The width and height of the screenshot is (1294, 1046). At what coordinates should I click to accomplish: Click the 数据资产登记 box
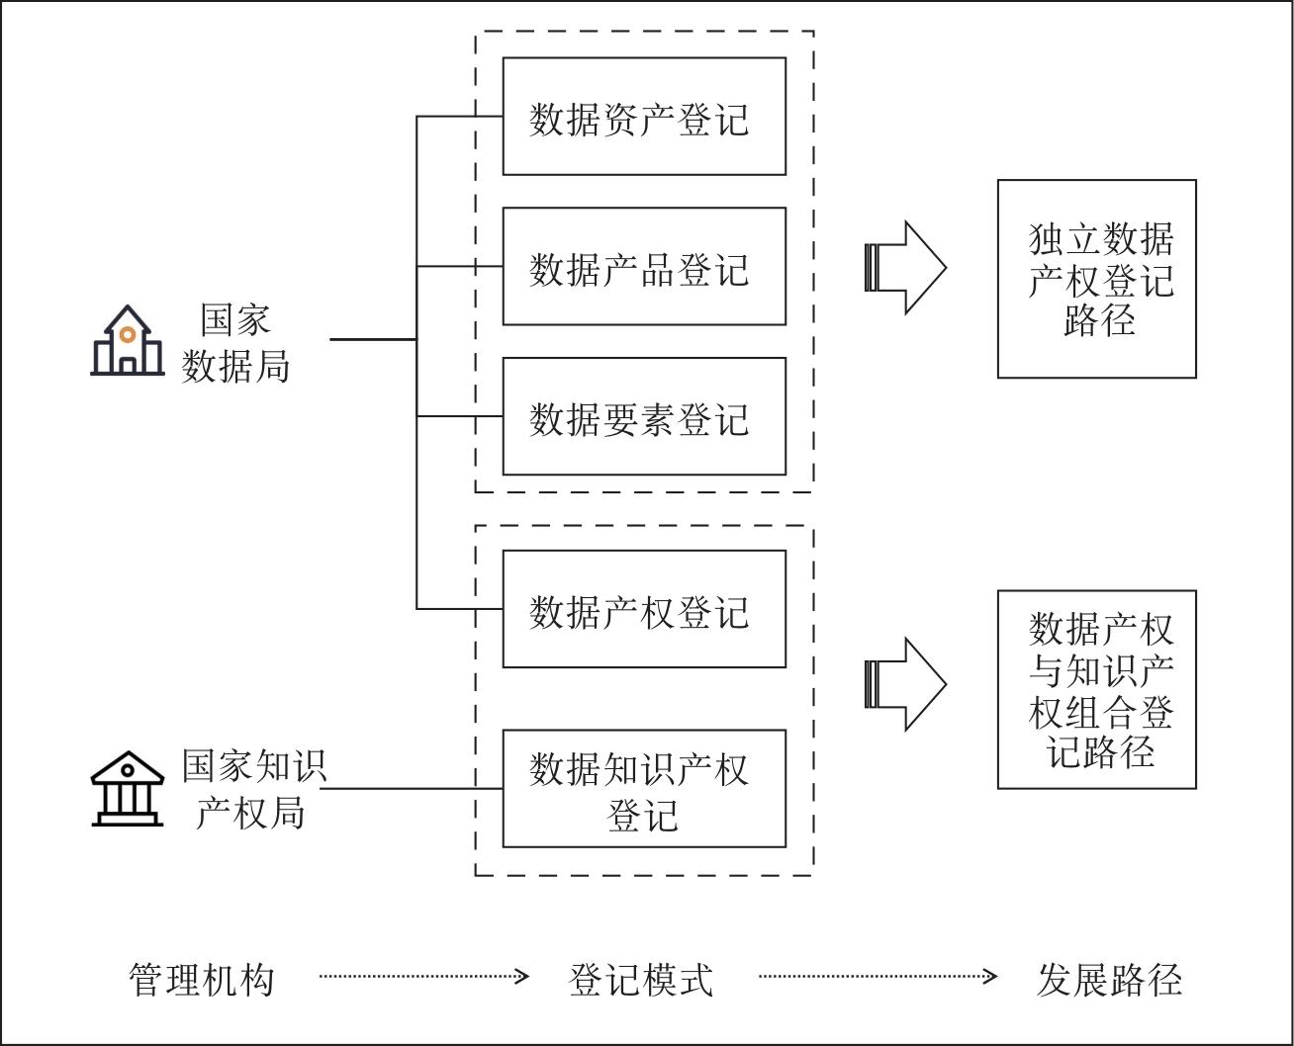644,117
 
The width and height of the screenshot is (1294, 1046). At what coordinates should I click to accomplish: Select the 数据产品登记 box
644,266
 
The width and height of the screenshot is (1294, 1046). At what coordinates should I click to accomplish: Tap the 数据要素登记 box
644,416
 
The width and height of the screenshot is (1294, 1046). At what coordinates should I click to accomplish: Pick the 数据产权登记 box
644,609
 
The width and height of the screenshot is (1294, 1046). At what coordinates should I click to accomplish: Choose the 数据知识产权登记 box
644,789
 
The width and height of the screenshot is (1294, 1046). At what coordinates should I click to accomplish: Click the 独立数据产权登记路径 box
1096,279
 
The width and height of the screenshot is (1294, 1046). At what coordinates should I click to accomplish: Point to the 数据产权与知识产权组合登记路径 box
1096,689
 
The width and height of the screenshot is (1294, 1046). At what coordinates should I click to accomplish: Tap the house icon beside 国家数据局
128,341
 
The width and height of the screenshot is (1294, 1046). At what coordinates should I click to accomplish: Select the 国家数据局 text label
236,342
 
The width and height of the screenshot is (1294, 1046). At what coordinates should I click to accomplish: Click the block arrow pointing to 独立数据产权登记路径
905,268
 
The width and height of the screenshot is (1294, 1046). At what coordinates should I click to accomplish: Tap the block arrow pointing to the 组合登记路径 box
905,684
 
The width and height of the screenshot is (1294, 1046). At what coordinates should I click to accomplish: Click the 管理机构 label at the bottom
202,979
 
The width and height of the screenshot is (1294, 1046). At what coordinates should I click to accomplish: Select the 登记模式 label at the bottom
641,979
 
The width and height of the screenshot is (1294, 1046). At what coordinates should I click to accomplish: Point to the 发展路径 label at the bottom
1109,979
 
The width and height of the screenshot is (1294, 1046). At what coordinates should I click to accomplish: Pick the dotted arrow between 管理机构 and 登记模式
423,977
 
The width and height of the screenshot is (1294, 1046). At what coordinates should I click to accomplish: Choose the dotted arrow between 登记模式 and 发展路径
878,977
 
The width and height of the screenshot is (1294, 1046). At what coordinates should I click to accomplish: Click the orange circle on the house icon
128,334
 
